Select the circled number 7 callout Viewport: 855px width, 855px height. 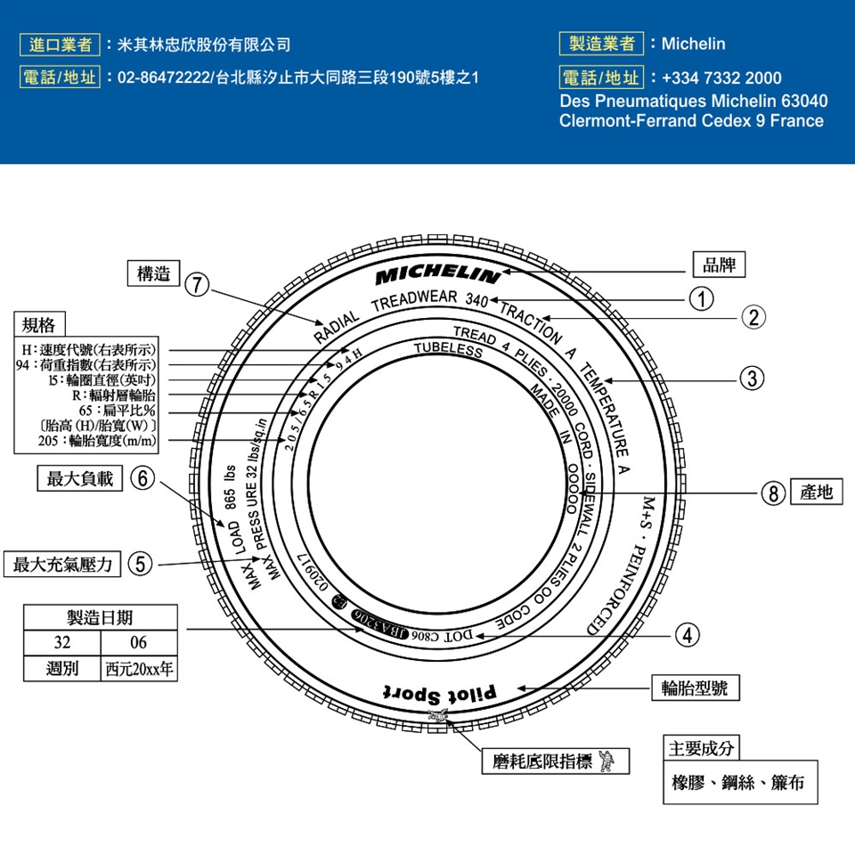pos(197,285)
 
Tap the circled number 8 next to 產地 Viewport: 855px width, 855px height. pos(772,493)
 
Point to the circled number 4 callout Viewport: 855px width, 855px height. pos(685,635)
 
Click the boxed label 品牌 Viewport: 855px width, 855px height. pos(718,265)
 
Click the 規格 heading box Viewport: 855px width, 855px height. pos(38,323)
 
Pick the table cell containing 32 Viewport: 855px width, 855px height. pos(62,643)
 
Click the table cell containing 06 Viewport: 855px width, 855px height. pos(138,643)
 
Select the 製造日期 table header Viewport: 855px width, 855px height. pos(100,617)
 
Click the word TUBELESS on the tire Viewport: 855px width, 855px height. pos(448,347)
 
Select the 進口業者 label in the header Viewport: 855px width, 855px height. pos(61,44)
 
